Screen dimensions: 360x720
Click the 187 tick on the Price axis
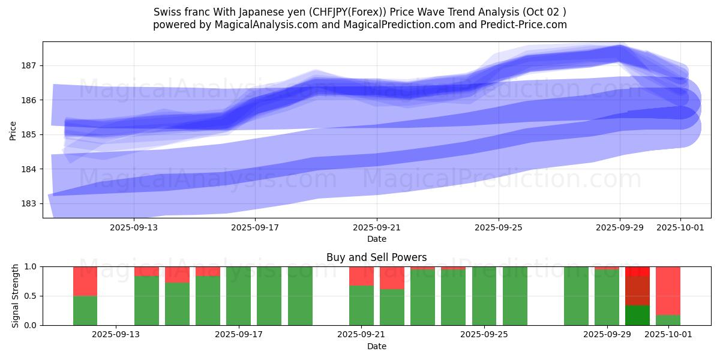point(30,65)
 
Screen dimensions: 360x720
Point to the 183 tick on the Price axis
point(30,203)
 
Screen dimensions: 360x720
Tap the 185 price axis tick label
point(30,134)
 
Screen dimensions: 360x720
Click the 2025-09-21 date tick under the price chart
point(377,227)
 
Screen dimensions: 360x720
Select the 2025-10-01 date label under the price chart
point(680,227)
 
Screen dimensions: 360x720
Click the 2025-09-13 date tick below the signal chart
point(116,335)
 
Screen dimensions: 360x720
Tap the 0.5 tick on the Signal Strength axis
point(30,296)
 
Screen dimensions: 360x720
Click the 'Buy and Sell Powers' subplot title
point(376,257)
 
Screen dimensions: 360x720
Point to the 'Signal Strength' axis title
point(16,296)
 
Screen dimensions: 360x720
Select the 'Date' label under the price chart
point(377,239)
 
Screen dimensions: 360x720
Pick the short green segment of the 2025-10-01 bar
point(668,320)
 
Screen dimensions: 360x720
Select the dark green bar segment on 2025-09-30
point(637,315)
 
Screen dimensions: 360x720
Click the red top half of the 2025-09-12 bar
point(85,281)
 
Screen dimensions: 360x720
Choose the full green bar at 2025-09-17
point(238,296)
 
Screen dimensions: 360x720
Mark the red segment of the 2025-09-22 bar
point(392,278)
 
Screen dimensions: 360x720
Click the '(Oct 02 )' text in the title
point(542,12)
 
